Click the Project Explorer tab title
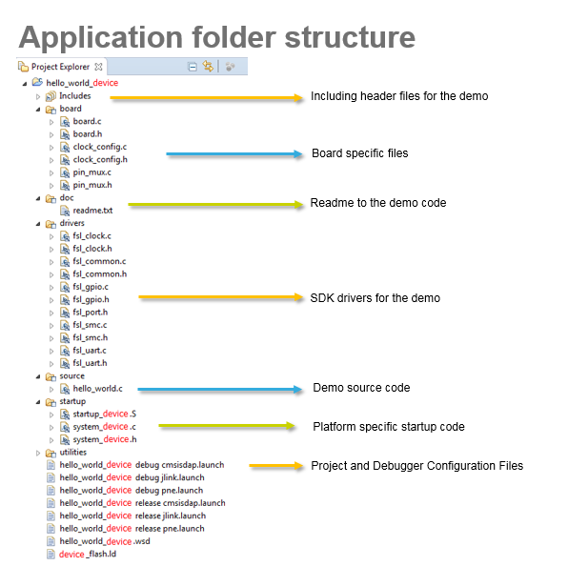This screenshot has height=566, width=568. tap(60, 67)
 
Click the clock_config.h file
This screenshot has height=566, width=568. tap(99, 159)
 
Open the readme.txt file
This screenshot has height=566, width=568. tap(91, 211)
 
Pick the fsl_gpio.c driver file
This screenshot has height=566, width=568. tap(90, 287)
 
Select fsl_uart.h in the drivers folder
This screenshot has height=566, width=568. tap(90, 363)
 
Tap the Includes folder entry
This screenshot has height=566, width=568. tap(75, 95)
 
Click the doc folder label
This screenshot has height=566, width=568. tap(66, 197)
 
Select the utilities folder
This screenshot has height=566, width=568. tap(72, 452)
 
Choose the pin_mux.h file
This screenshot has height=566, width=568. tap(91, 185)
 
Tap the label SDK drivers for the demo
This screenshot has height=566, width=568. tap(375, 298)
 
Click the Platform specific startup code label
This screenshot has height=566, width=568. tap(388, 426)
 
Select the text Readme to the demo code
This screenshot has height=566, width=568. tap(377, 203)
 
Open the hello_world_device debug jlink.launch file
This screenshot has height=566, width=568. tap(132, 477)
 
